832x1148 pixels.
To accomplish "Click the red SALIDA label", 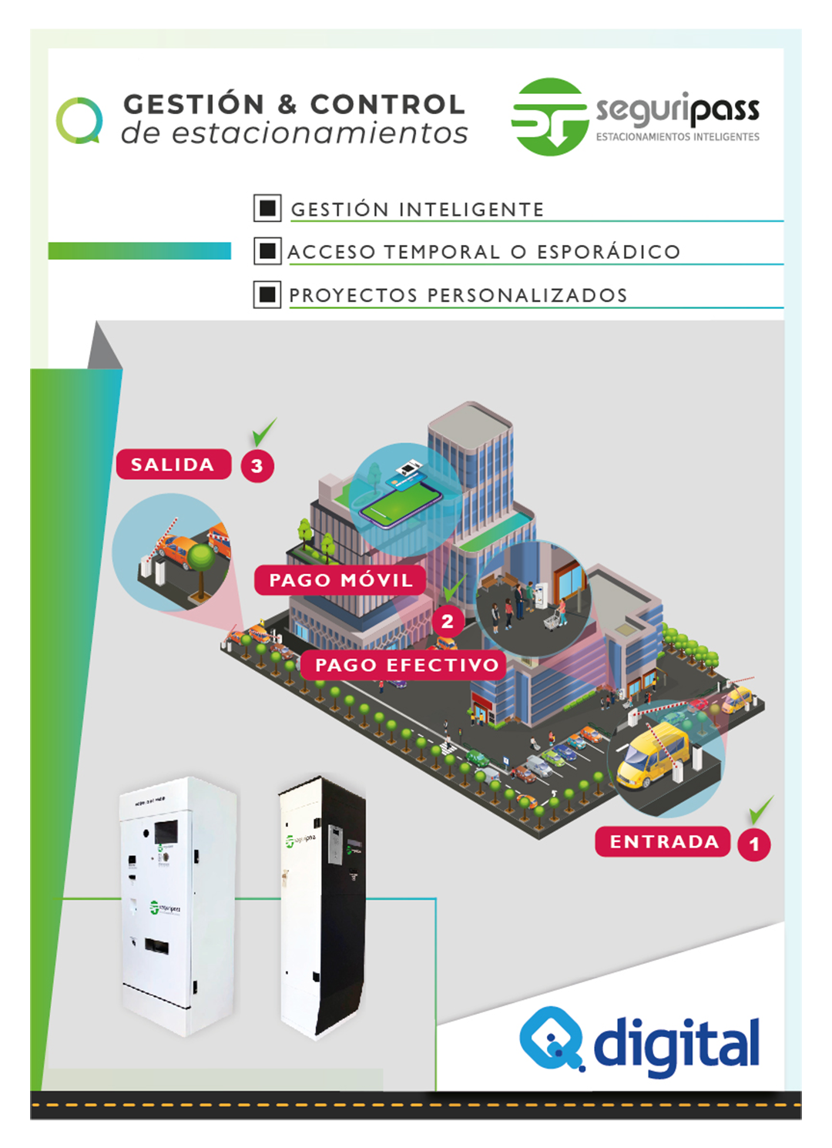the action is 173,465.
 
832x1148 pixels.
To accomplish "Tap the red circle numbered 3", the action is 257,466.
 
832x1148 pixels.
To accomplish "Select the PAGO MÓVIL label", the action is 341,580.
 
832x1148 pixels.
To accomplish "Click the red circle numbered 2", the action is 448,621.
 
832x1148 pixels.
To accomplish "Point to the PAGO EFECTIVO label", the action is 407,665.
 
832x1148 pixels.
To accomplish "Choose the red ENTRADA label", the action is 663,841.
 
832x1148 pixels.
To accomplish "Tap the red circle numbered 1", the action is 754,844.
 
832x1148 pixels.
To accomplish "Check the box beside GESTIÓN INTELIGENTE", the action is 267,208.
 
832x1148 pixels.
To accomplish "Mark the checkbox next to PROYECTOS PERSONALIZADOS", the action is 267,294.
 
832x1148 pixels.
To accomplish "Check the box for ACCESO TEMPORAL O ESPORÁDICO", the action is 267,251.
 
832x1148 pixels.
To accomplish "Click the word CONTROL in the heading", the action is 387,104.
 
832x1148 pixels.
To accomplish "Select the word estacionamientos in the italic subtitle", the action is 319,133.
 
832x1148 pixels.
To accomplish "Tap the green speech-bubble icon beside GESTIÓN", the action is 79,120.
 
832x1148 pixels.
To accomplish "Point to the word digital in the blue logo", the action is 676,1044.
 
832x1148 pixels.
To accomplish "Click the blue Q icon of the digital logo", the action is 551,1038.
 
